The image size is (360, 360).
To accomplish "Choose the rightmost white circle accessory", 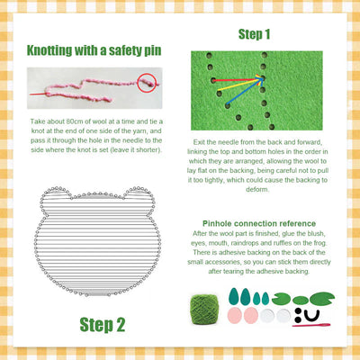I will coord(283,317).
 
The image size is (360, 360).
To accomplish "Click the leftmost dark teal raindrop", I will coord(237,298).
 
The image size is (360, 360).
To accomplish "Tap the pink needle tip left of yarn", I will coord(32,93).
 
